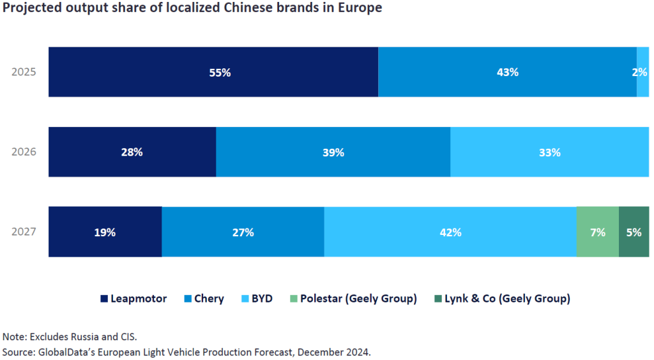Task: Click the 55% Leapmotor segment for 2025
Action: click(x=213, y=72)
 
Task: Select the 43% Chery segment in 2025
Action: click(x=507, y=72)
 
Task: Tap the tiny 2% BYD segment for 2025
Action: click(x=643, y=72)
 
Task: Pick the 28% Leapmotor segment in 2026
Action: click(x=132, y=153)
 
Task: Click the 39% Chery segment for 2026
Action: click(x=333, y=153)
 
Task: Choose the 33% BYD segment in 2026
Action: click(x=549, y=153)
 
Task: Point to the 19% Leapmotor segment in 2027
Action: click(x=105, y=232)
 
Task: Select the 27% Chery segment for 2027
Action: click(x=243, y=232)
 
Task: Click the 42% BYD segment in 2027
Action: click(x=450, y=232)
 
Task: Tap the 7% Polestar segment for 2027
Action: click(x=598, y=232)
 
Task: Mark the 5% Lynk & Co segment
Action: click(x=634, y=232)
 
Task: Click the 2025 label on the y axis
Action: click(x=24, y=72)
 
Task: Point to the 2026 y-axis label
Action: click(x=24, y=153)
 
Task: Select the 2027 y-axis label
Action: click(x=24, y=232)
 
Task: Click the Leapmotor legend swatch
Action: click(x=104, y=299)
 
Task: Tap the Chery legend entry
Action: click(x=203, y=299)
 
